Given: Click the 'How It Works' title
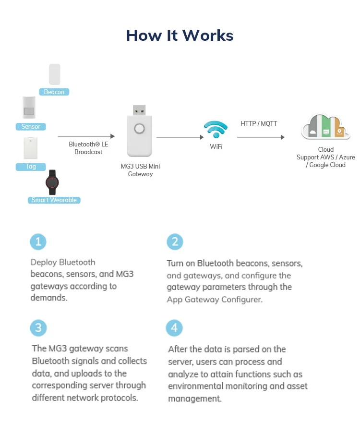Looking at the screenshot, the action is (180, 36).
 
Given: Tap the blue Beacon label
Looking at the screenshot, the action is (54, 92).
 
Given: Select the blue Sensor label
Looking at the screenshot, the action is (31, 126).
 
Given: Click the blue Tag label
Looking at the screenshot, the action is (31, 167).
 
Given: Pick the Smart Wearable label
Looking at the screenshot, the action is (54, 200).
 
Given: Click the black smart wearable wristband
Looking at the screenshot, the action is (52, 182).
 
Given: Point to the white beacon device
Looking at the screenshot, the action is (55, 74).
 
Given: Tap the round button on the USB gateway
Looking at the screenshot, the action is (139, 129).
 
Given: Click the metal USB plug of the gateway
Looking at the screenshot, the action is (139, 110).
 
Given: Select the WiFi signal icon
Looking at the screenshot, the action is (216, 129).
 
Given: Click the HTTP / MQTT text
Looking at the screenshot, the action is (259, 123).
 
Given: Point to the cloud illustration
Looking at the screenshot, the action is (325, 127).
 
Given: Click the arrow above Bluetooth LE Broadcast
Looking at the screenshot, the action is (86, 136).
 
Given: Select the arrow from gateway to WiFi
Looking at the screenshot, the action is (180, 137).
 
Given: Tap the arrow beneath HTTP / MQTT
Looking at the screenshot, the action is (261, 137).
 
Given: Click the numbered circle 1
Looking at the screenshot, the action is (38, 242).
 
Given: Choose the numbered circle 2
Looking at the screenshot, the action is (175, 242).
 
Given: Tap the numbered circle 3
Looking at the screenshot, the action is (38, 328).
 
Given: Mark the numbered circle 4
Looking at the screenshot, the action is (174, 328).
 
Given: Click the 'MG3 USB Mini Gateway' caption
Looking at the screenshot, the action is (140, 170).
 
